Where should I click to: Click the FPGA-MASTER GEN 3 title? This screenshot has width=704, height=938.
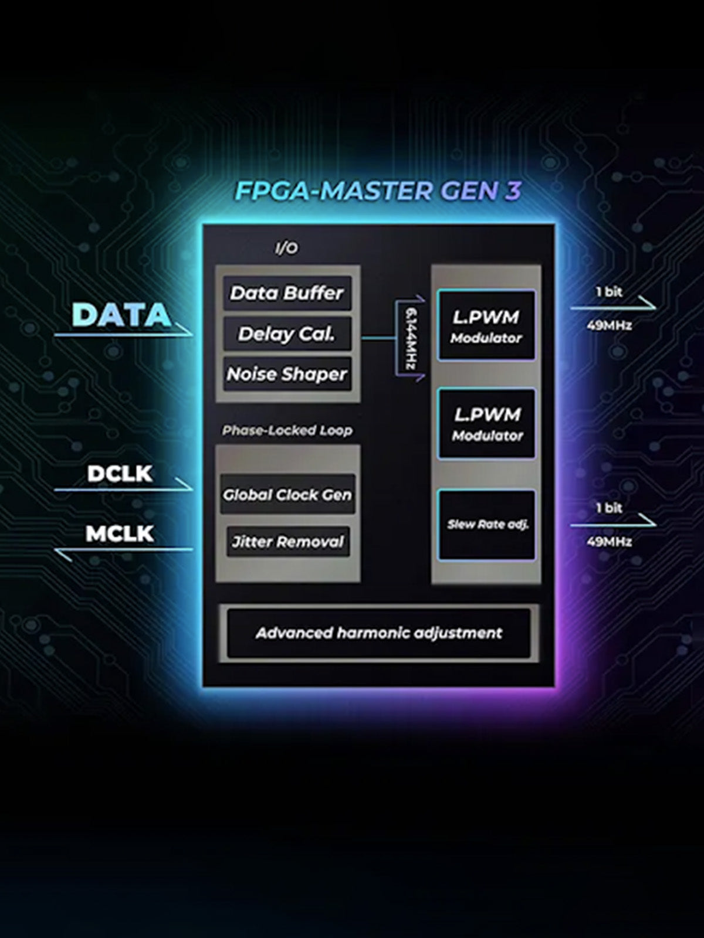coord(378,191)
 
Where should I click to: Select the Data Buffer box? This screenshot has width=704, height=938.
coord(287,293)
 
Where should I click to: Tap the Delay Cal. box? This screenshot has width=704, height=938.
coord(287,334)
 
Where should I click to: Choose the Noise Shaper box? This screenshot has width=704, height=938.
coord(287,374)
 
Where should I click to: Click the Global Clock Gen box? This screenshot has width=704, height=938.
coord(287,495)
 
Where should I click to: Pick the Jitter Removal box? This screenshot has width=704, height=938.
coord(287,542)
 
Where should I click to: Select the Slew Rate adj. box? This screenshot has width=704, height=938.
coord(487,525)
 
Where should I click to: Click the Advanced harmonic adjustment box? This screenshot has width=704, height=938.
coord(378,633)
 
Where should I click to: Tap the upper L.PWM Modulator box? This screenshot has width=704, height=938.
coord(486,325)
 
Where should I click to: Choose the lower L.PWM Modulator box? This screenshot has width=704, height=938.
coord(487,423)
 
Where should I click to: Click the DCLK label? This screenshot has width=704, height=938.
coord(120,474)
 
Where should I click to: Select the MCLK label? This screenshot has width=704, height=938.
coord(120,533)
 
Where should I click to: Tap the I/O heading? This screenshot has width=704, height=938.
coord(286,249)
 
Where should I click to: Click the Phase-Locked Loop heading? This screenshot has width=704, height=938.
coord(287,430)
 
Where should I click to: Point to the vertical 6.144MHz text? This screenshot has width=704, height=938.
coord(411,339)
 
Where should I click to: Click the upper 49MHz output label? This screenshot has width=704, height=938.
coord(610,325)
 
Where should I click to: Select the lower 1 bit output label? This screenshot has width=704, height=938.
coord(610,508)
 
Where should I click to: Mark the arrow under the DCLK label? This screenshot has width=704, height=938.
coord(123,488)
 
